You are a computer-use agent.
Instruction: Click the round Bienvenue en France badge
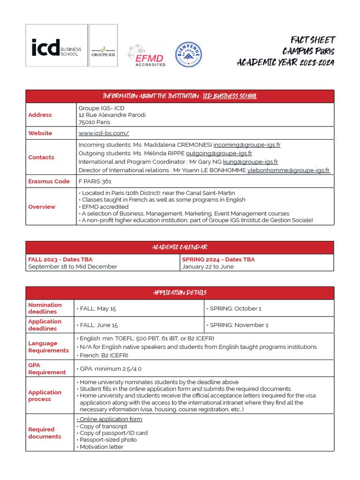[189, 55]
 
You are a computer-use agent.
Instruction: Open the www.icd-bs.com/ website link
[104, 133]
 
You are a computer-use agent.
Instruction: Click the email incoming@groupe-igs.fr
[247, 145]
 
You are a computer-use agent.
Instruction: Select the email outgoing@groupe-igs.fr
[219, 153]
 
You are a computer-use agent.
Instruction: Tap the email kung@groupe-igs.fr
[250, 162]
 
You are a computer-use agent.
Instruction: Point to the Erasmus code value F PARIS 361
[95, 181]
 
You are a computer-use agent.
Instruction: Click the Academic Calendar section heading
[180, 247]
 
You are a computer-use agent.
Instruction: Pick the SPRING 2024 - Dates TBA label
[218, 259]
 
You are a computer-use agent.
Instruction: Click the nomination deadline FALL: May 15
[96, 308]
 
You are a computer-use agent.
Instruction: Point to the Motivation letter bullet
[100, 447]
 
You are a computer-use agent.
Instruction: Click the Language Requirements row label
[48, 347]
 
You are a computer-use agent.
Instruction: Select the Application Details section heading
[180, 293]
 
